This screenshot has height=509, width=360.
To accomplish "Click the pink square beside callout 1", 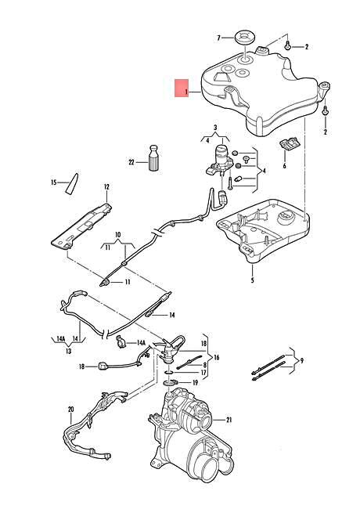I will pos(181,87).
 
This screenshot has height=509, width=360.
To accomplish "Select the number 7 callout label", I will pos(219,37).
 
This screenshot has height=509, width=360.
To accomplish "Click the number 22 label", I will pos(131,162).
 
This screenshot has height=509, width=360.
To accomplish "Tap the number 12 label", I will pos(106,186).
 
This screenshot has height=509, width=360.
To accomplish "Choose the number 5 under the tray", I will pos(252,280).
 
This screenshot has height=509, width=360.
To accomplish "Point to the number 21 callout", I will pos(229,421).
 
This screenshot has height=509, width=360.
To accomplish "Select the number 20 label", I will pos(70,410).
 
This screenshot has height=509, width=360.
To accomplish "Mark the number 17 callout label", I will pos(205,373).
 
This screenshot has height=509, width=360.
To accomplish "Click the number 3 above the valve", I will pos(214,126).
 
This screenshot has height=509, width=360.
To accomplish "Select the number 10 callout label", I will pos(118,233).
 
